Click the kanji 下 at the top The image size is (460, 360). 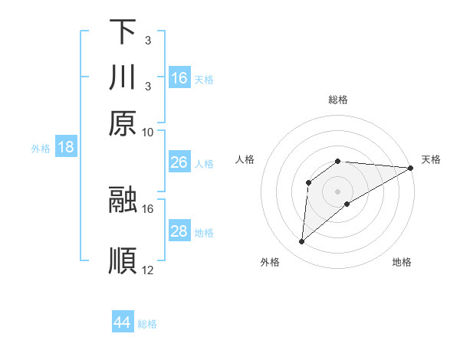122,32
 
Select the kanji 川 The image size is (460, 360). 122,77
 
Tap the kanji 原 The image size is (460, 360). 122,123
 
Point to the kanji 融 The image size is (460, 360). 122,200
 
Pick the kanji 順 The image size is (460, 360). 122,260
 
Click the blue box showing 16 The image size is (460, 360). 179,78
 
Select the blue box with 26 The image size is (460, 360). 179,162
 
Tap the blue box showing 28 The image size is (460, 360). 179,231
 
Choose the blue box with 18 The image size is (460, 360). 66,147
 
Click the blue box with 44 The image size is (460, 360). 122,322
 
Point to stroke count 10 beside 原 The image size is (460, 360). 148,132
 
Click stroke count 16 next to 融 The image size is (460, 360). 148,208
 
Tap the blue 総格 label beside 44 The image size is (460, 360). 147,323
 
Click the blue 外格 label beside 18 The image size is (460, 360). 41,149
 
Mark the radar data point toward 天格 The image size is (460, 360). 411,169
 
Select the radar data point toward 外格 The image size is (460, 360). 302,242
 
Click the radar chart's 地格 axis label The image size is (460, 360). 402,263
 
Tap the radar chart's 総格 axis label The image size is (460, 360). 338,100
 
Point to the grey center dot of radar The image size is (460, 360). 338,190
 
